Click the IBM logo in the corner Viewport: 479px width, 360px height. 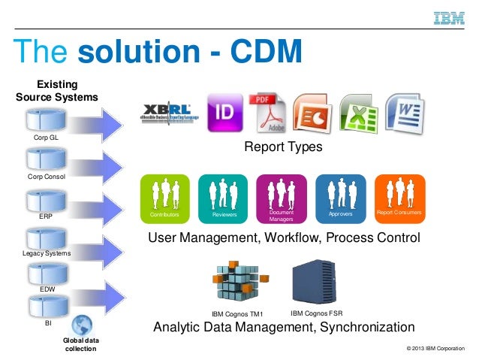click(449, 17)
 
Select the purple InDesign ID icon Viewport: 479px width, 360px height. click(224, 111)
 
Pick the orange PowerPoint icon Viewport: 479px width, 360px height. click(312, 113)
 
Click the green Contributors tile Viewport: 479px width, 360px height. click(165, 198)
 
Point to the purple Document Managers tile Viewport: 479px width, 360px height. click(282, 198)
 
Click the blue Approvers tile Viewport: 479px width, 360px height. click(341, 198)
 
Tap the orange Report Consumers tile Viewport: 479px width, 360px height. click(399, 198)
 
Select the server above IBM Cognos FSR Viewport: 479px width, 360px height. click(313, 280)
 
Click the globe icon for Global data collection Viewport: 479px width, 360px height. click(80, 325)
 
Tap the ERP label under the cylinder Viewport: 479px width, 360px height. click(46, 216)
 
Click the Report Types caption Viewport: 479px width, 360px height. click(283, 147)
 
